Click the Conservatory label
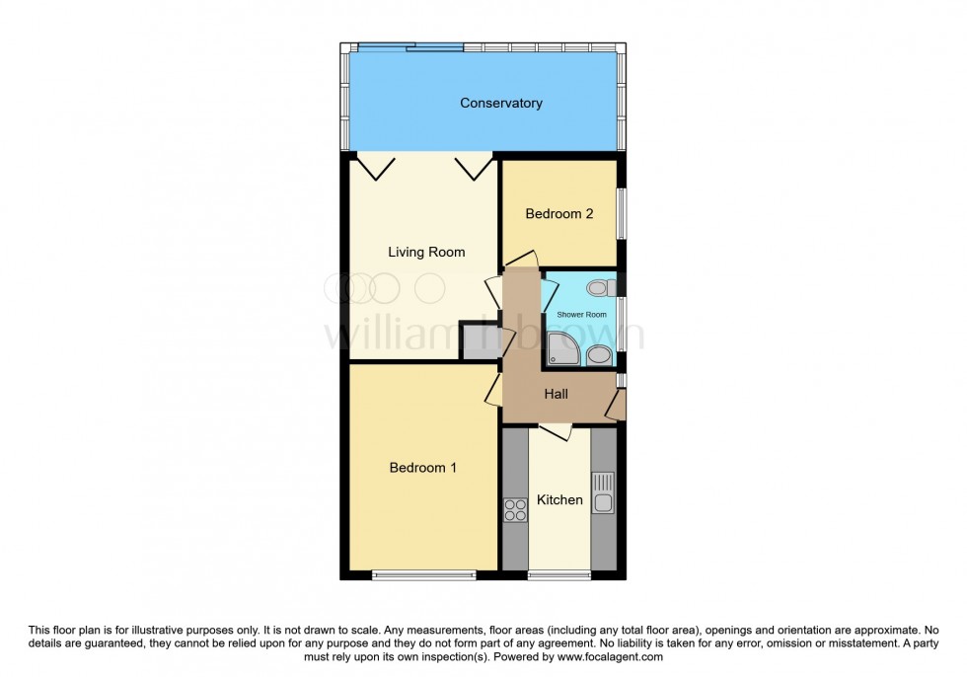pyautogui.click(x=501, y=104)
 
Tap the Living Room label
pyautogui.click(x=426, y=253)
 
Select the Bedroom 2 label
pyautogui.click(x=559, y=213)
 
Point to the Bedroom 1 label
pyautogui.click(x=422, y=468)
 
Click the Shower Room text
pyautogui.click(x=582, y=315)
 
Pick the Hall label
pyautogui.click(x=557, y=395)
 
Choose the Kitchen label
pyautogui.click(x=559, y=500)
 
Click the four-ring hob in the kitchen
pyautogui.click(x=515, y=509)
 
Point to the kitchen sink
pyautogui.click(x=603, y=492)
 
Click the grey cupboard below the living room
pyautogui.click(x=481, y=340)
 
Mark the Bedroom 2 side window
pyautogui.click(x=621, y=212)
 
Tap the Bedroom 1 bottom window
pyautogui.click(x=422, y=574)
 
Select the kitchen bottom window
pyautogui.click(x=558, y=574)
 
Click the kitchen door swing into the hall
pyautogui.click(x=556, y=431)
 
